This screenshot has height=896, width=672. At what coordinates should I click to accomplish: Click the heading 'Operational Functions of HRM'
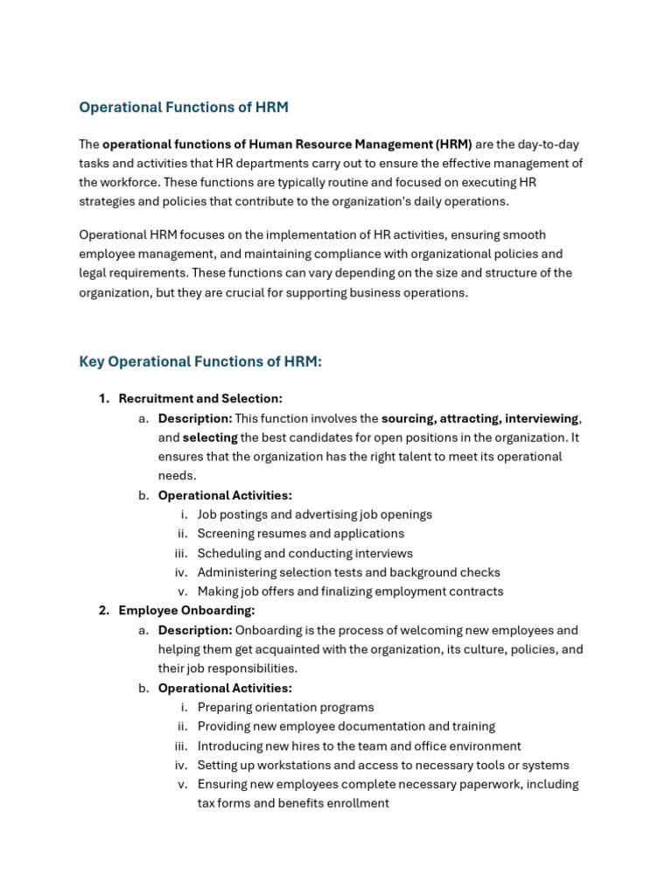tap(183, 108)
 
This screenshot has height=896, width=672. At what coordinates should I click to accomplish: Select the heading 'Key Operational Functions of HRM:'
tap(200, 361)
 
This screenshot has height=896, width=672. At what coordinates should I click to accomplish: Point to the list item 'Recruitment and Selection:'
tap(200, 399)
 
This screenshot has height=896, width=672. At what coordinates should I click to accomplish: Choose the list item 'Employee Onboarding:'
tap(186, 611)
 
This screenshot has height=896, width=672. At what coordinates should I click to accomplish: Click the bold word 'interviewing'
tap(541, 418)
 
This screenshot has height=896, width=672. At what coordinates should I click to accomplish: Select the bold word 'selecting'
tap(210, 437)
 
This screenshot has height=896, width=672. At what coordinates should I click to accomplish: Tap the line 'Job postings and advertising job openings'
tap(314, 514)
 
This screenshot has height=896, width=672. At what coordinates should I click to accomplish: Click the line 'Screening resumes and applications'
tap(300, 534)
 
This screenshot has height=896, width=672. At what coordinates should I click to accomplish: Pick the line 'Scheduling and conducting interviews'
tap(304, 553)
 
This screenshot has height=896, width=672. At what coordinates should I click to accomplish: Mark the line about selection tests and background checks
tap(348, 572)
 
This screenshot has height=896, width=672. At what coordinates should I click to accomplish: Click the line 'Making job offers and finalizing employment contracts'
tap(350, 591)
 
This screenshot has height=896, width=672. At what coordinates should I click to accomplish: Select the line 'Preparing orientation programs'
tap(285, 707)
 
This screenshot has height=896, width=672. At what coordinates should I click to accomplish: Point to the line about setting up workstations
tap(382, 765)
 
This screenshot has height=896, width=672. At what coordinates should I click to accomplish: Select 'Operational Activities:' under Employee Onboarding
tap(225, 688)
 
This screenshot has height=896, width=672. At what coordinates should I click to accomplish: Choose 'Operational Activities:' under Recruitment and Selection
tap(225, 495)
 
